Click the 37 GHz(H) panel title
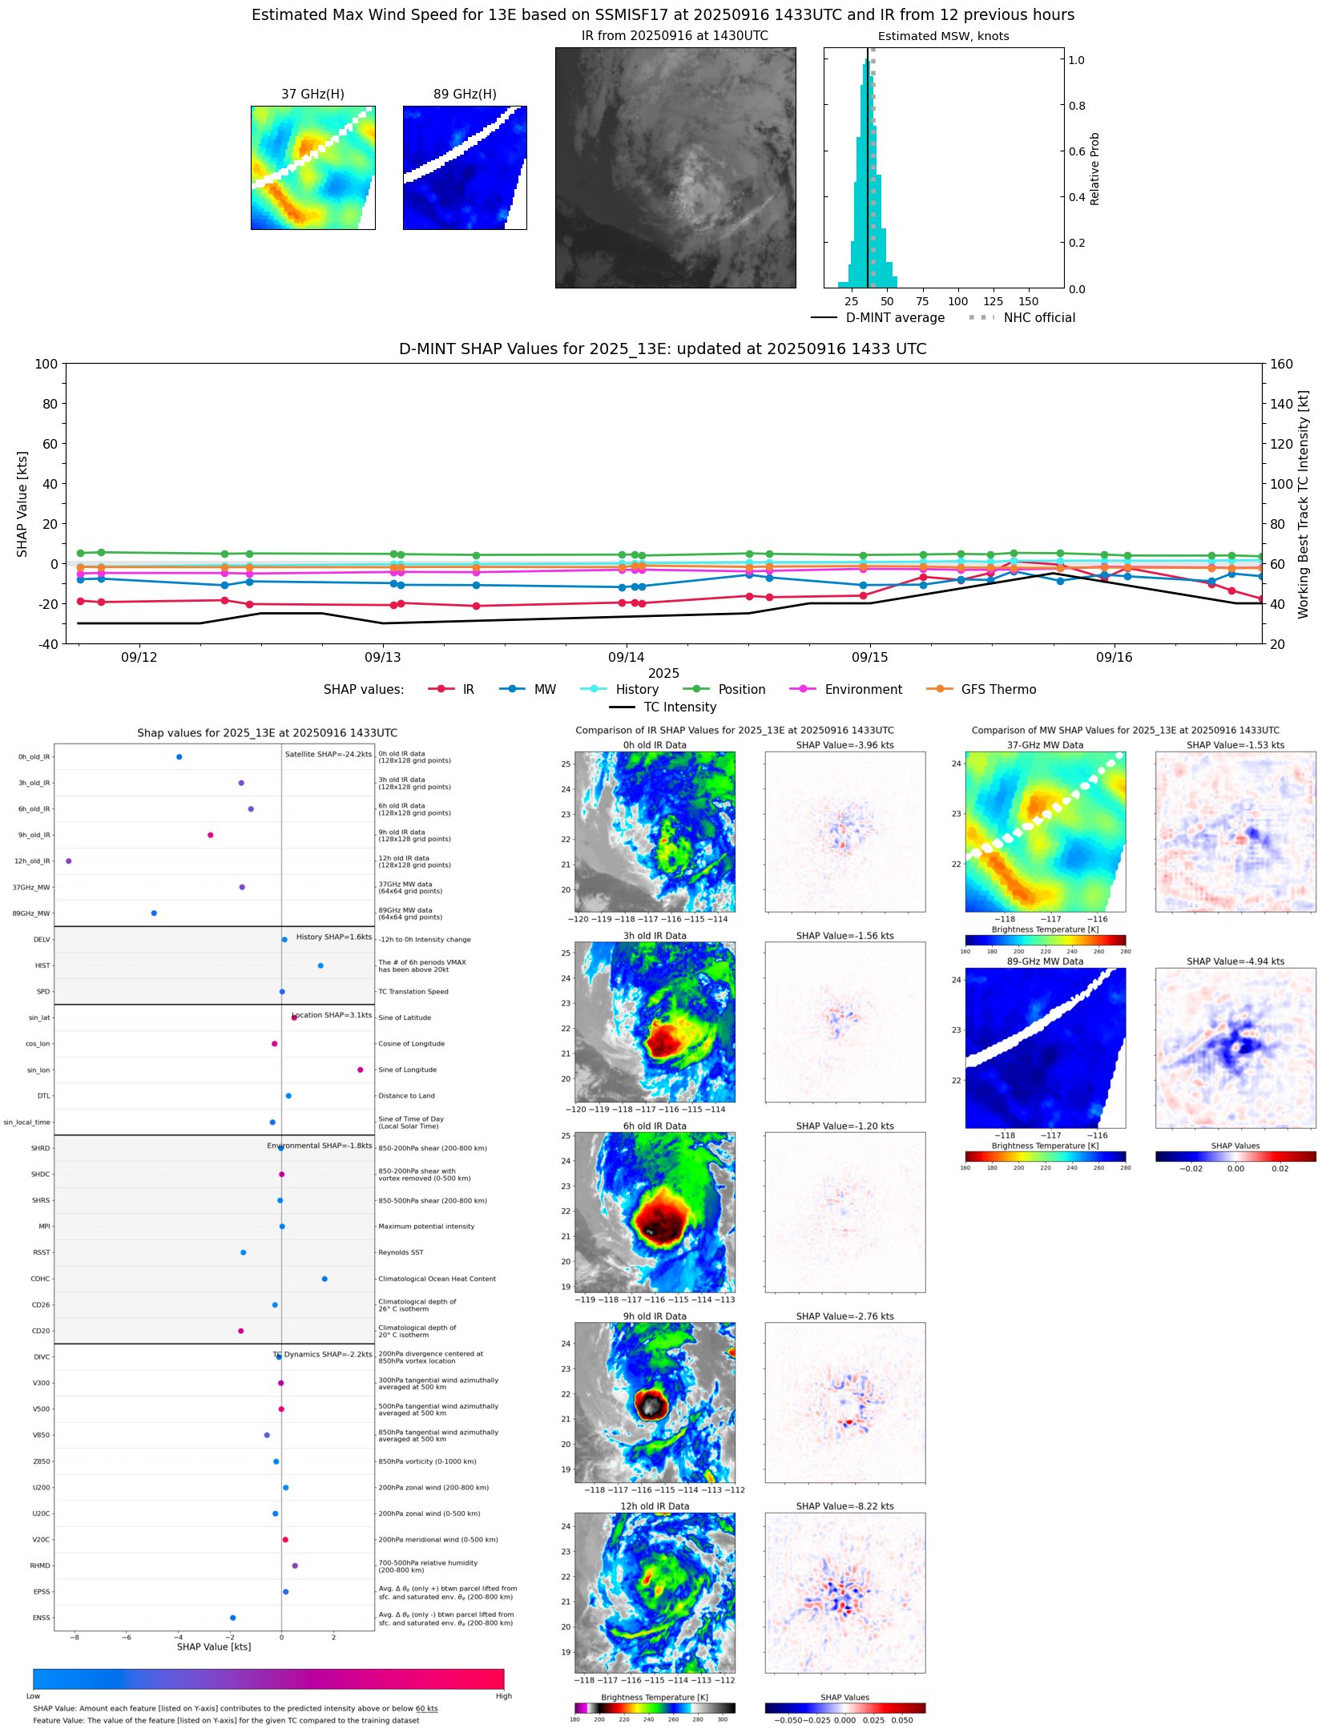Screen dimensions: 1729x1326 point(312,95)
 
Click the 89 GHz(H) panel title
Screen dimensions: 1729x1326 point(465,95)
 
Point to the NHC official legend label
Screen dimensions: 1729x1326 point(1039,318)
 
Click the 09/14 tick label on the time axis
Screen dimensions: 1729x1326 point(626,658)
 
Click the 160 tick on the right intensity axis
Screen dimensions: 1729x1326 point(1281,364)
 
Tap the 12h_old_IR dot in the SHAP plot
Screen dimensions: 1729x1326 point(69,861)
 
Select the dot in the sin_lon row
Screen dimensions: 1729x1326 point(361,1070)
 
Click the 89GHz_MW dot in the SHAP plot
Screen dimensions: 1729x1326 point(154,913)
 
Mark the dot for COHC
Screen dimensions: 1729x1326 point(324,1280)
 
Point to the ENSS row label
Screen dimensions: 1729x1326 point(41,1618)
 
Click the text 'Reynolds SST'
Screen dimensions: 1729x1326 point(401,1253)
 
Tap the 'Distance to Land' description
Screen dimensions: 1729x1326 point(406,1096)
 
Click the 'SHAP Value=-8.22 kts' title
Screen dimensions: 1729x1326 point(844,1507)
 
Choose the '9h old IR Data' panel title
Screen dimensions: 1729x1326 point(655,1316)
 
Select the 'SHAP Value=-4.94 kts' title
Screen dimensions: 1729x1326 point(1235,962)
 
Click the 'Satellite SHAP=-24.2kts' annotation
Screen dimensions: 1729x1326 point(328,755)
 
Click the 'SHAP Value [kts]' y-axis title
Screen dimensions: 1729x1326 point(22,504)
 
